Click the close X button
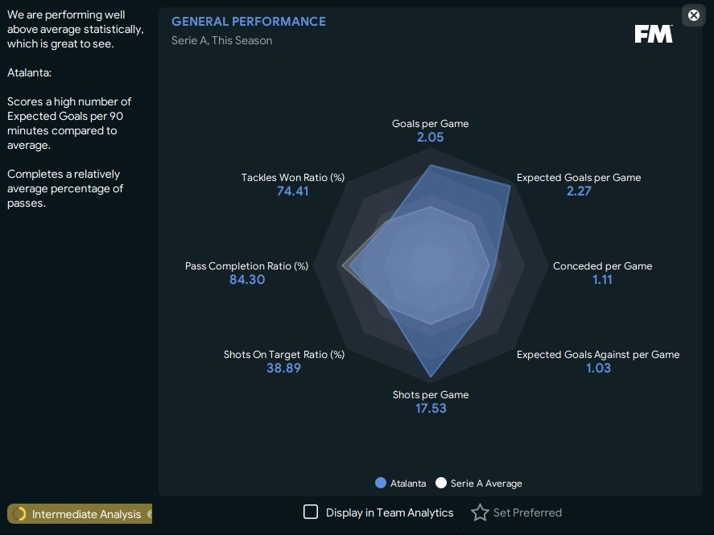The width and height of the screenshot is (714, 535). coord(694,15)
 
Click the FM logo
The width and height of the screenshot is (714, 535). coord(653,34)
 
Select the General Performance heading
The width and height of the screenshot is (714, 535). coord(249,22)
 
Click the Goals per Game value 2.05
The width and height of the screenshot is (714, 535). coord(430,138)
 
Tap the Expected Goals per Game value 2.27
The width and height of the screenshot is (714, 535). coord(579,191)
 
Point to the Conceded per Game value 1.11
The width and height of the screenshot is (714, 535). coord(602,280)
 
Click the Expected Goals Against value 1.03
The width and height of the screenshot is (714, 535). coord(598,368)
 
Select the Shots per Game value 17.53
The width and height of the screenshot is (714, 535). coord(430,409)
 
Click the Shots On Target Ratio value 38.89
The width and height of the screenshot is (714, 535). coord(284,368)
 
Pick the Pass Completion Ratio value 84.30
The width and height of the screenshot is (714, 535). coord(247,280)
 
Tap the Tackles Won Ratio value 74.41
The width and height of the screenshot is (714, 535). coord(292,191)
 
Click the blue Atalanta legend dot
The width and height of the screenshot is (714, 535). coord(381,484)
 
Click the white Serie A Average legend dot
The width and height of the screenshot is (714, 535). coord(440,484)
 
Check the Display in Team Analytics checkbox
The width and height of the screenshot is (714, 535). coord(311,512)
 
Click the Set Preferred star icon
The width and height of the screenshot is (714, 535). coord(480,512)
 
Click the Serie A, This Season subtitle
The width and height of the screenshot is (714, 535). coord(221,40)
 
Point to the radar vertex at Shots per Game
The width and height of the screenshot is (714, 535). coord(431,377)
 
